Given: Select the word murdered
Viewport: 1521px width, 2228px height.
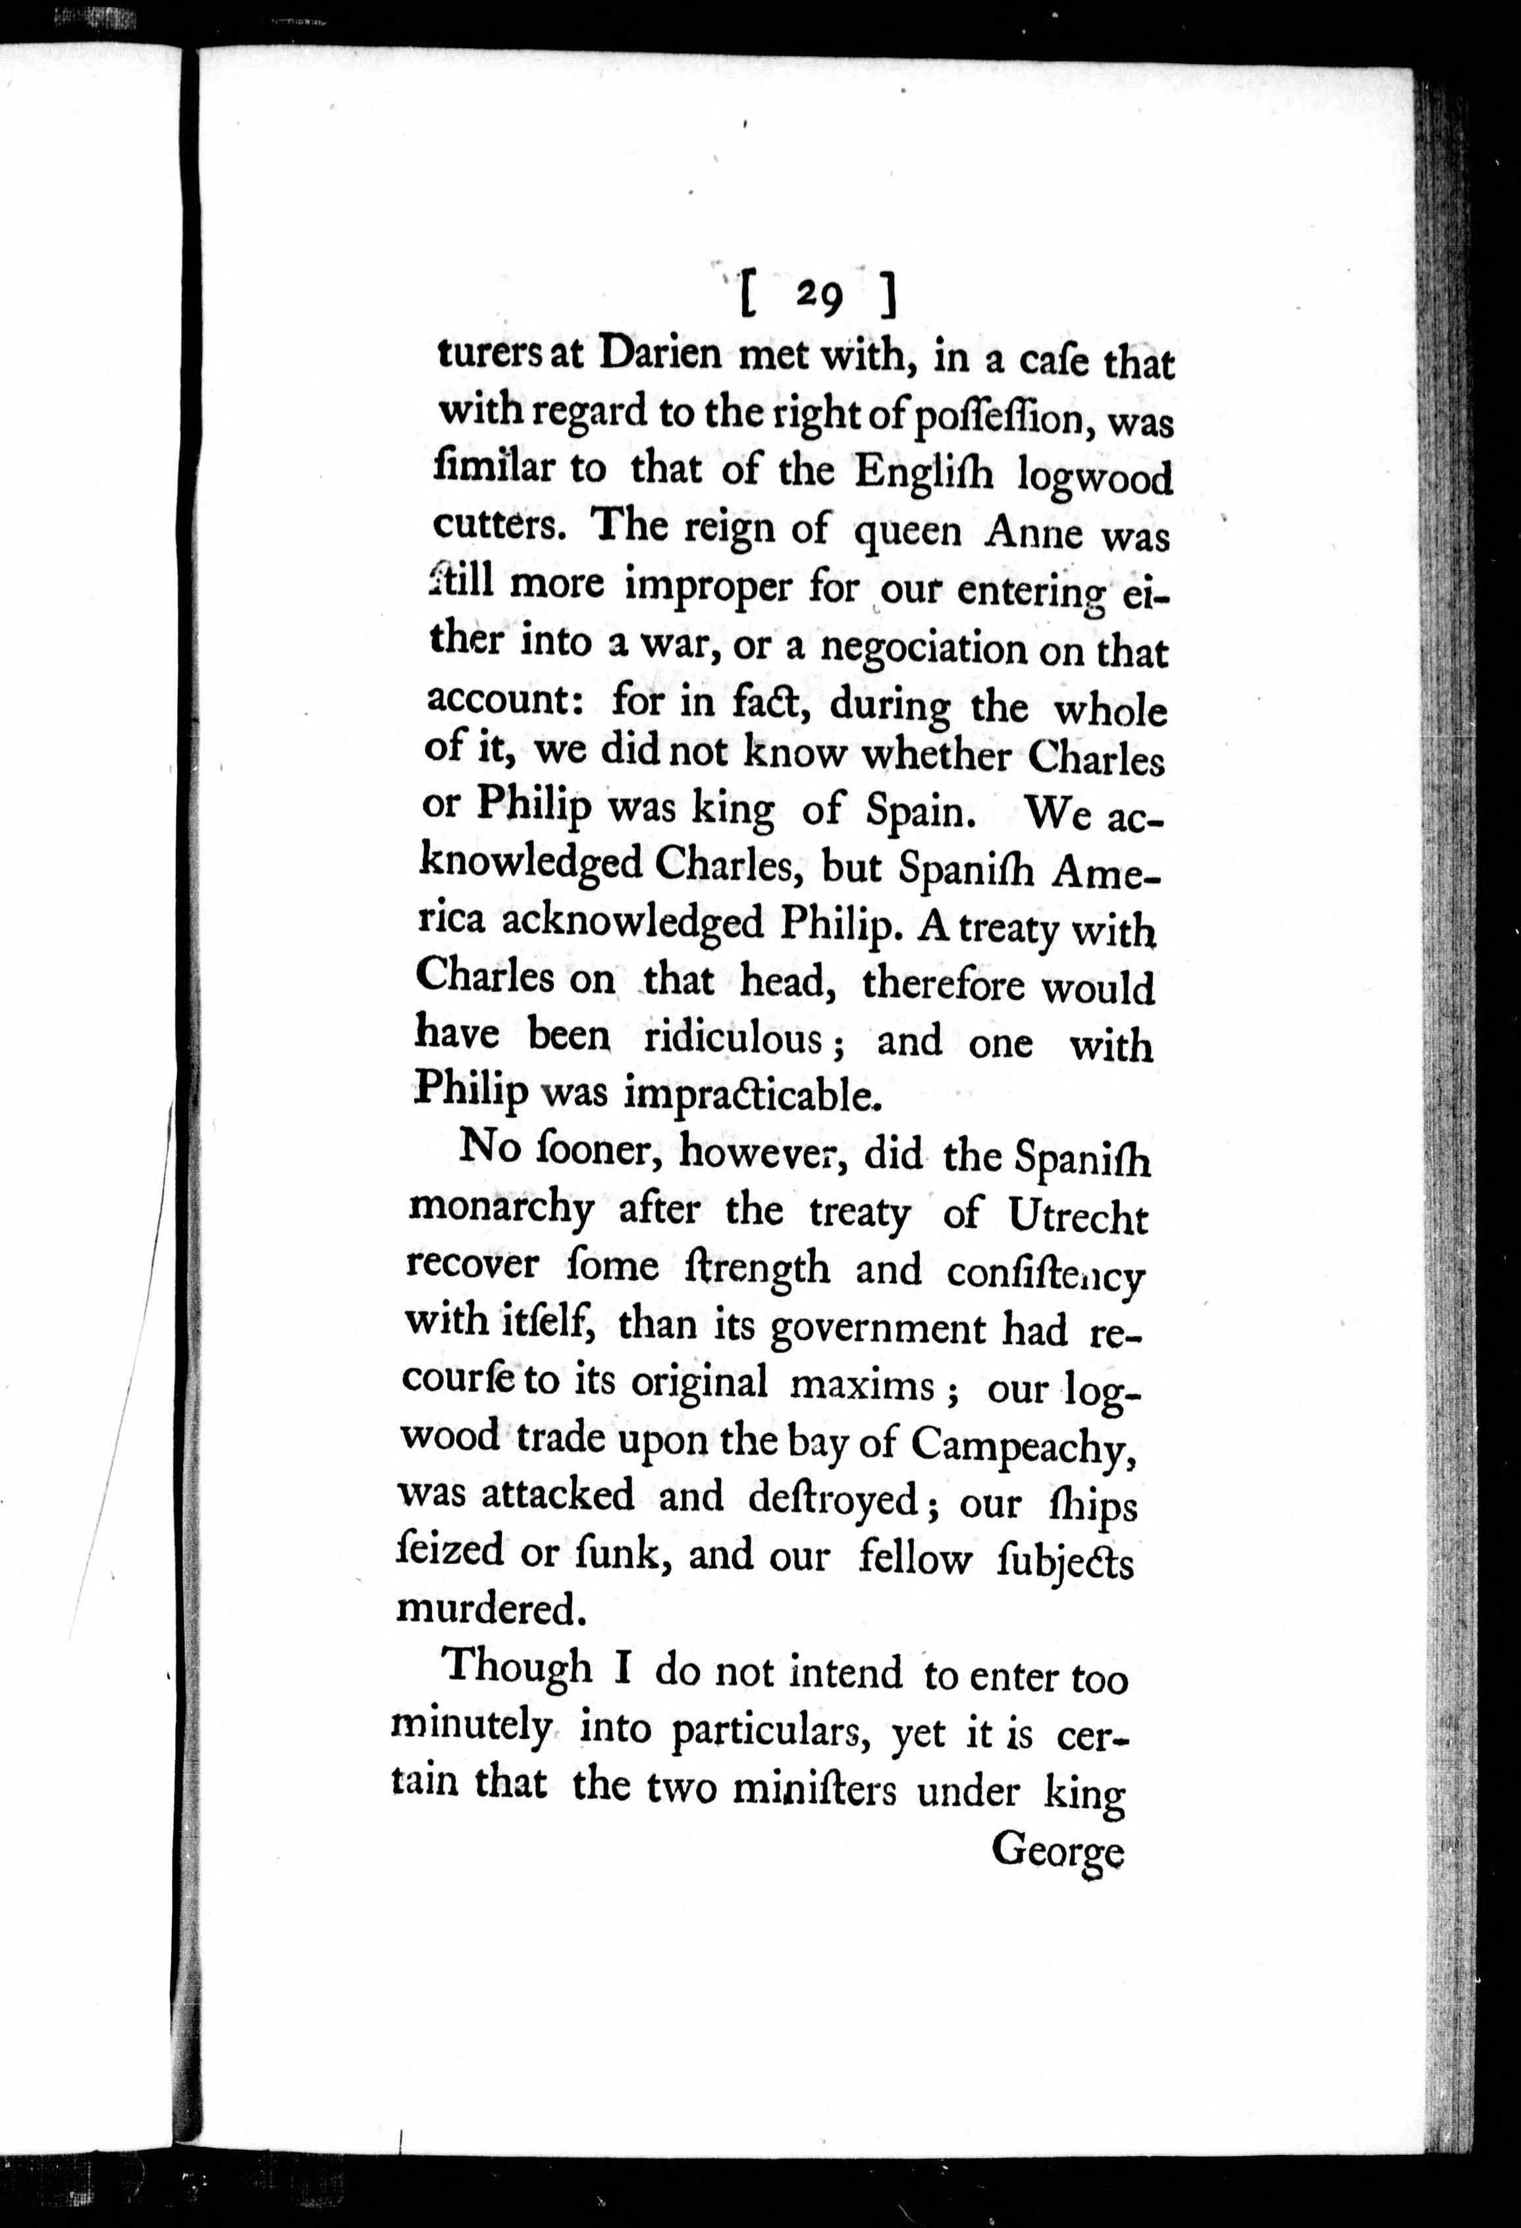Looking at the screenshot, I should point(490,1608).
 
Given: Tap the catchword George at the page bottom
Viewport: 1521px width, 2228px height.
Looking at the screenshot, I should point(1056,1849).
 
